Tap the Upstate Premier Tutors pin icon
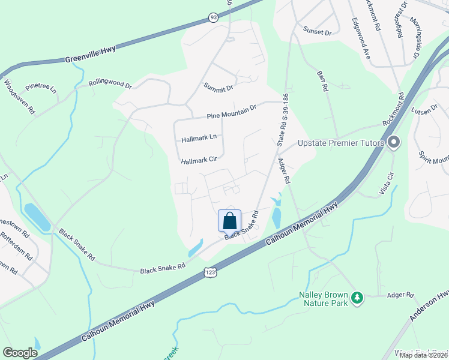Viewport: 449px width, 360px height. (x=394, y=143)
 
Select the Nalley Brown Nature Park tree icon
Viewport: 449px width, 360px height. (x=357, y=298)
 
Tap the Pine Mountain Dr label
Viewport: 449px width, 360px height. (x=231, y=111)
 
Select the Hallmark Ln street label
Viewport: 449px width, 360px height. (x=198, y=138)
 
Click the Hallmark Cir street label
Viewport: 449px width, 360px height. (x=199, y=161)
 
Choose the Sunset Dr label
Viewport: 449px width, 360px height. (x=317, y=31)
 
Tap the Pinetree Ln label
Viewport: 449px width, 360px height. (x=46, y=89)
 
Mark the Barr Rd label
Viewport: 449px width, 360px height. (x=322, y=79)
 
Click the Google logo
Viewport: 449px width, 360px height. (x=20, y=353)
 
